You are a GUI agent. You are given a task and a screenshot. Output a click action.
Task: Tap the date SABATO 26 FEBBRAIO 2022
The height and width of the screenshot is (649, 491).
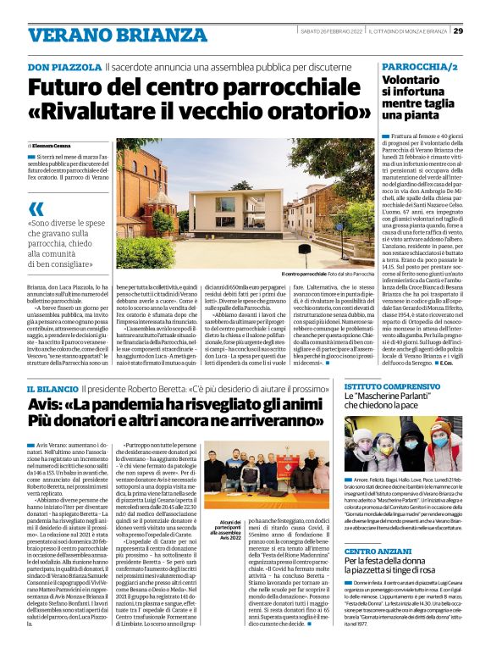tap(338, 31)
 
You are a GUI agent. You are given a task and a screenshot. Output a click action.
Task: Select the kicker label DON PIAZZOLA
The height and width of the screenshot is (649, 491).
tap(64, 67)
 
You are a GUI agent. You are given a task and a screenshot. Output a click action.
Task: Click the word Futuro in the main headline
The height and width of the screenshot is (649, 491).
tap(67, 87)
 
